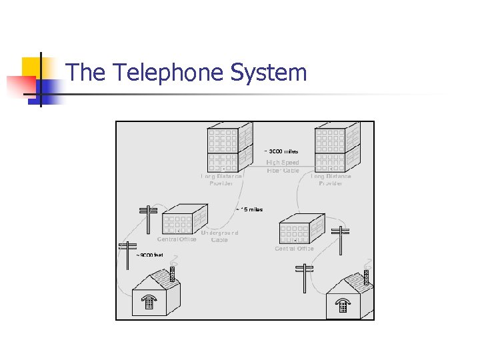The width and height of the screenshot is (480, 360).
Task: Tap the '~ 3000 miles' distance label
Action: coord(283,151)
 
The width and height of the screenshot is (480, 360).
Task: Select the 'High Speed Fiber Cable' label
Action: coord(283,167)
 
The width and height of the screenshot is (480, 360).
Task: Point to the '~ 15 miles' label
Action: coord(250,209)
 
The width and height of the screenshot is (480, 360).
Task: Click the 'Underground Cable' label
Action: coord(219,237)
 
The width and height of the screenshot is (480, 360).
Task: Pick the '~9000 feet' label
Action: coord(149,255)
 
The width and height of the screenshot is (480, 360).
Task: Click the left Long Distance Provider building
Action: coord(229,147)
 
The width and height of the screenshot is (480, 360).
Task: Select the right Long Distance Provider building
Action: coord(337,147)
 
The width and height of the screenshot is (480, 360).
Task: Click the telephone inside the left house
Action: coord(150,304)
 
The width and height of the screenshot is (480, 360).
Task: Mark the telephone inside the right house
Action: coord(343,305)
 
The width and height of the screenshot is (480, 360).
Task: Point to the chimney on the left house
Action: coord(172,273)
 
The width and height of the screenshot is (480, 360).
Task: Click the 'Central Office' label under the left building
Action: coord(177,239)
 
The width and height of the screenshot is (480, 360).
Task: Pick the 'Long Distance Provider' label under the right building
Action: coord(331,180)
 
